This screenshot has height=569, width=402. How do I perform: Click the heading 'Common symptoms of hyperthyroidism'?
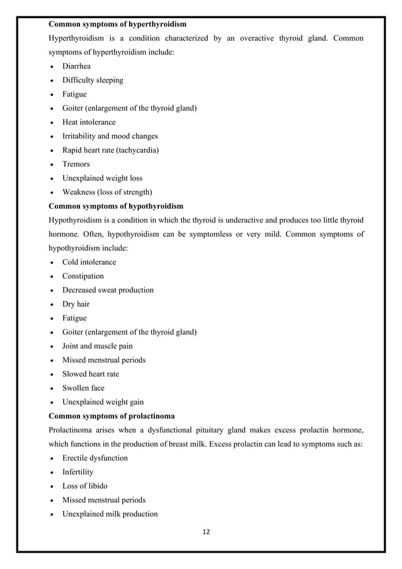(x=117, y=25)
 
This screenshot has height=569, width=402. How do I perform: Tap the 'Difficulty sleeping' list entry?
(x=93, y=80)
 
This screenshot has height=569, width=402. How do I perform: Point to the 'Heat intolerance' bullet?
(x=89, y=122)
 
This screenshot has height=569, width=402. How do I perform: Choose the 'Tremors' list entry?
(x=77, y=164)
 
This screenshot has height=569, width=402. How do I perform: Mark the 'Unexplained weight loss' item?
(x=102, y=178)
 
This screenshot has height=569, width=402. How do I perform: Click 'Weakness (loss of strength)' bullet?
(x=107, y=192)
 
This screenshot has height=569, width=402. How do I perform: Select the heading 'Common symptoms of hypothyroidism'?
(x=116, y=206)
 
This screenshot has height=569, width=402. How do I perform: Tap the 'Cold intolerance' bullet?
(x=89, y=262)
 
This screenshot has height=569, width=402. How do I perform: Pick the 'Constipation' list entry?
(x=83, y=276)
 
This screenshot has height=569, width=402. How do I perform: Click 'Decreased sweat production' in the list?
(x=108, y=290)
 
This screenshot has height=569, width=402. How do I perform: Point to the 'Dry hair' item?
(x=76, y=304)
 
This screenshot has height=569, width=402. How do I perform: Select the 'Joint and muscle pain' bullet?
(x=97, y=346)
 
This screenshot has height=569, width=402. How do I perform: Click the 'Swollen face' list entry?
(x=83, y=388)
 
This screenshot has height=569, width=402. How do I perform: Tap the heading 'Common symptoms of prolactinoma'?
(x=111, y=416)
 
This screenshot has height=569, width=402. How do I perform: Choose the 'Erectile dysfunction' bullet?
(x=95, y=458)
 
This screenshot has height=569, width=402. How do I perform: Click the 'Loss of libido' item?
(x=85, y=486)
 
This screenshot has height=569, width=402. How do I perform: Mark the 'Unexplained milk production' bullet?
(x=110, y=514)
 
